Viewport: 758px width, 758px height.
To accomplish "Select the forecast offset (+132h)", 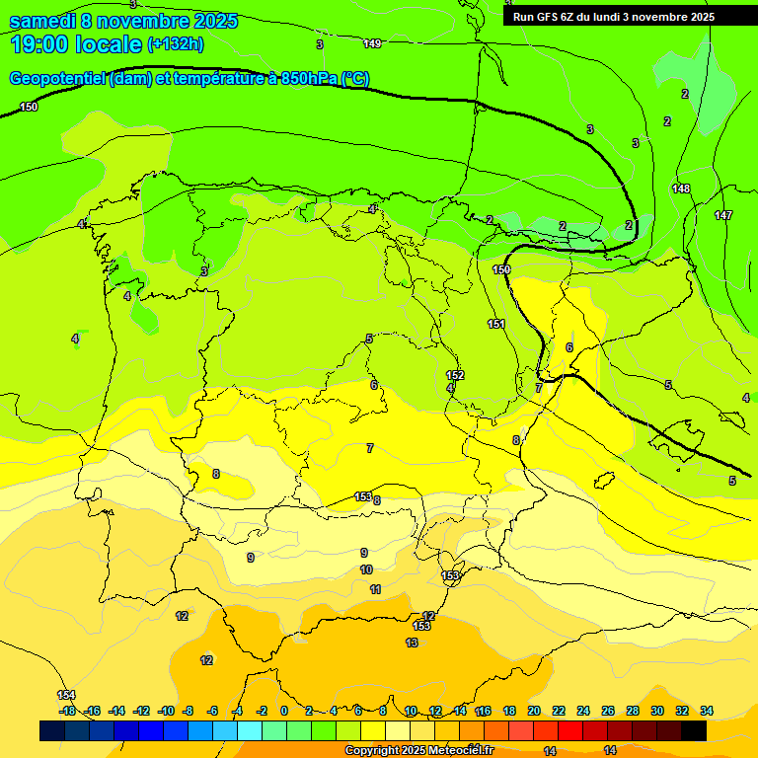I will point(176,44).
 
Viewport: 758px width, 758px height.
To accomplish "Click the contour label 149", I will point(372,43).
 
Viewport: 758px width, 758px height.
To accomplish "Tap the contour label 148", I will point(681,189).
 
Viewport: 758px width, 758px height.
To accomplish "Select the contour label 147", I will point(723,215).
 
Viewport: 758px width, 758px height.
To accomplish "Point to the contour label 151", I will point(496,324).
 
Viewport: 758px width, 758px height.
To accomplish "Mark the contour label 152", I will point(455,375).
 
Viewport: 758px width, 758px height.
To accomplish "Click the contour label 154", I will point(66,695).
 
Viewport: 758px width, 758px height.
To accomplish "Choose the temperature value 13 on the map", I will point(412,643).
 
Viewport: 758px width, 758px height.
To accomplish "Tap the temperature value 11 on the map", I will point(375,589).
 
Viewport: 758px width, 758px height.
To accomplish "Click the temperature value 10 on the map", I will point(366,569).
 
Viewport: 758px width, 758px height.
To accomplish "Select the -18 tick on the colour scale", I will point(67,711).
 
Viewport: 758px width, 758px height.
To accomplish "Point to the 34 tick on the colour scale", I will point(707,711).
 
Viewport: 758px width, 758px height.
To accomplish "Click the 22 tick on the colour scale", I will point(559,711).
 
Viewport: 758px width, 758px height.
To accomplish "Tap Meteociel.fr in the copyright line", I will point(461,751).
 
